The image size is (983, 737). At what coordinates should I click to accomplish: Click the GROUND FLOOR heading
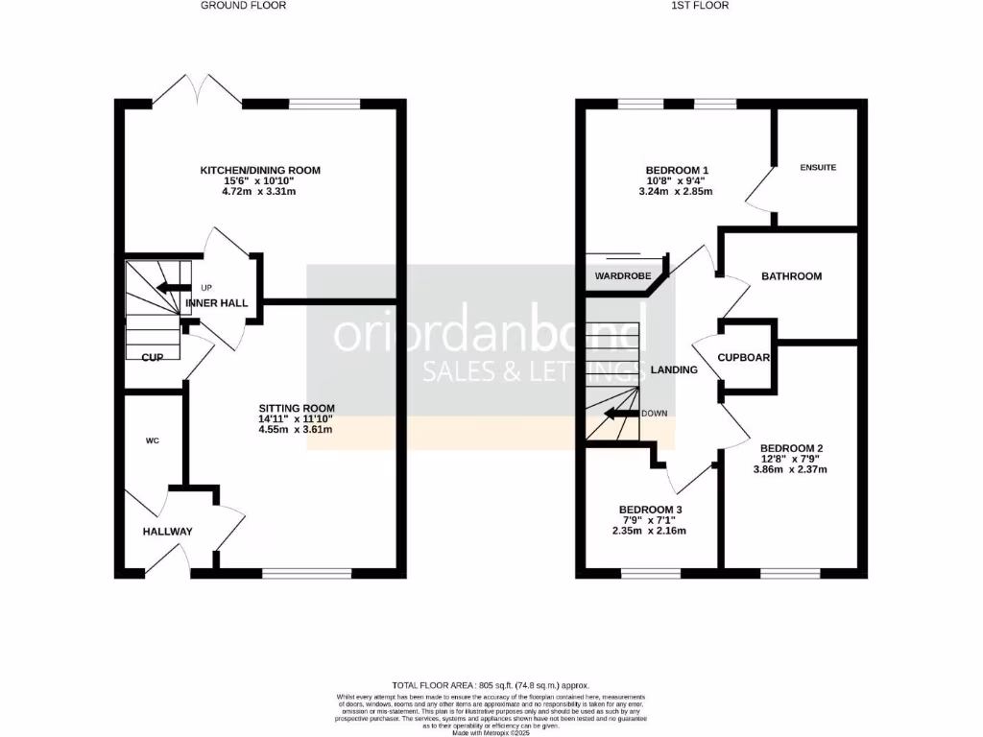pyautogui.click(x=243, y=6)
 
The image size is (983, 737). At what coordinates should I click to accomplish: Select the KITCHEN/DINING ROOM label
pyautogui.click(x=260, y=170)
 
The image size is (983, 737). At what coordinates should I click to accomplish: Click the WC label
pyautogui.click(x=152, y=441)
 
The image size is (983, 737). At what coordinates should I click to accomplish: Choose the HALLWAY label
pyautogui.click(x=168, y=531)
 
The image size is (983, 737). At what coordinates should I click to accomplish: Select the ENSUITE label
pyautogui.click(x=818, y=167)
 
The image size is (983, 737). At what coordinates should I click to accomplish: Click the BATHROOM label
pyautogui.click(x=791, y=276)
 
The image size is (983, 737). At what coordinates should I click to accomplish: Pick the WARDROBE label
pyautogui.click(x=623, y=276)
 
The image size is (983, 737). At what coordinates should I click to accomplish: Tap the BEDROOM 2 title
pyautogui.click(x=792, y=448)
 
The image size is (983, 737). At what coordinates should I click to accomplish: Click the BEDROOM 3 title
pyautogui.click(x=651, y=509)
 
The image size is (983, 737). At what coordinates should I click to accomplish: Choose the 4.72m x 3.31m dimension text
pyautogui.click(x=260, y=191)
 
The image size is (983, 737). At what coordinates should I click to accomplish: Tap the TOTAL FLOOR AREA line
pyautogui.click(x=491, y=685)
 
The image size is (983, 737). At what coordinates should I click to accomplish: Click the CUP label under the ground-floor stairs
pyautogui.click(x=151, y=357)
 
